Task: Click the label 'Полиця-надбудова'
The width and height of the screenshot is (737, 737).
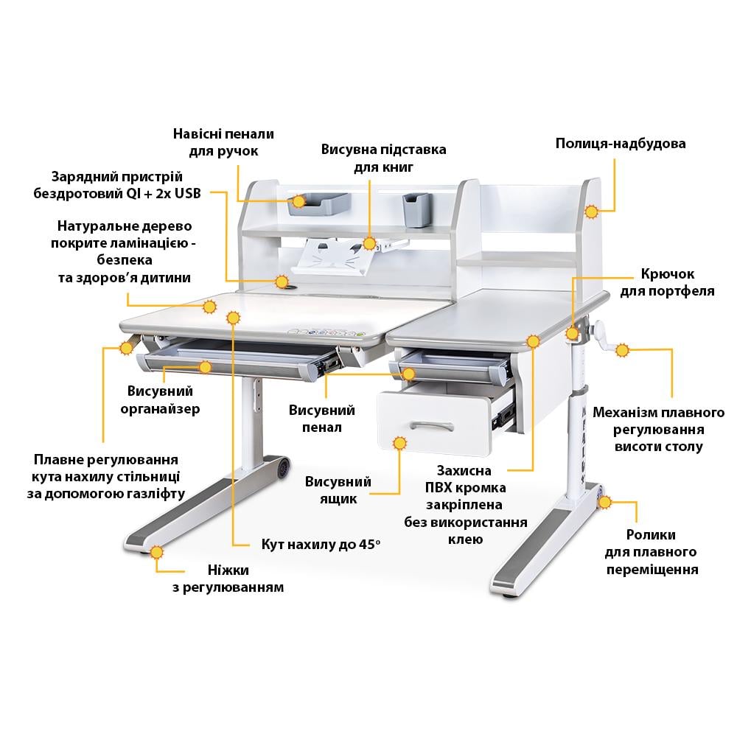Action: pos(620,144)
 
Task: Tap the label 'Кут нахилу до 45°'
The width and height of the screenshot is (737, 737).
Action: pos(321,545)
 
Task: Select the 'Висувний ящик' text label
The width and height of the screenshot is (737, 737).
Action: pos(338,490)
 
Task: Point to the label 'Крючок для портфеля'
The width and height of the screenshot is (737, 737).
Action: pos(667,282)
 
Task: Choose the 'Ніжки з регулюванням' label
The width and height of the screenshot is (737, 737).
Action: pos(228,579)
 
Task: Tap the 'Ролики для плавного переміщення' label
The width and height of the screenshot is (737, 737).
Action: pos(652,552)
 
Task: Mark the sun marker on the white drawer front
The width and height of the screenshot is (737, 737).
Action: pos(400,444)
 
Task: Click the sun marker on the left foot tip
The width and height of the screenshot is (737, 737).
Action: pos(156,552)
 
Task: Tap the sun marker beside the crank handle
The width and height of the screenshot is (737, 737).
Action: pos(622,350)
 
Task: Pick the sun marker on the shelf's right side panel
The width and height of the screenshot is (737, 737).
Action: pos(590,212)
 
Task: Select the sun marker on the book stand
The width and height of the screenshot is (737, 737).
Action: pos(369,242)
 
